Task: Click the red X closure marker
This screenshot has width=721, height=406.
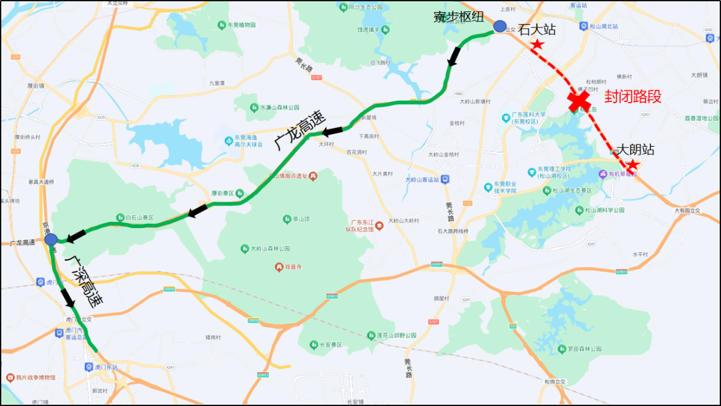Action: [579, 101]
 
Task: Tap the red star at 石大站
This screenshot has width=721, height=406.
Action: [537, 45]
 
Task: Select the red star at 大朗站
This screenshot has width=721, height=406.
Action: [632, 164]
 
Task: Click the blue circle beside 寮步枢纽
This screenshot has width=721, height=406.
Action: [500, 26]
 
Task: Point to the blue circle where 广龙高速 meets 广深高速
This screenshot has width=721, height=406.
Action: [51, 239]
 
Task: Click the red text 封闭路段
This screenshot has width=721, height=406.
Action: [632, 97]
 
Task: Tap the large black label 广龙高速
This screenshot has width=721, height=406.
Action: [299, 130]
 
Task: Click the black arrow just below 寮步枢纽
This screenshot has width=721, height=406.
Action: [454, 57]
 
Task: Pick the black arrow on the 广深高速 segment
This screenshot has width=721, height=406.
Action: [68, 297]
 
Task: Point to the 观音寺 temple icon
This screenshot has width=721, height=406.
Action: [279, 267]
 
